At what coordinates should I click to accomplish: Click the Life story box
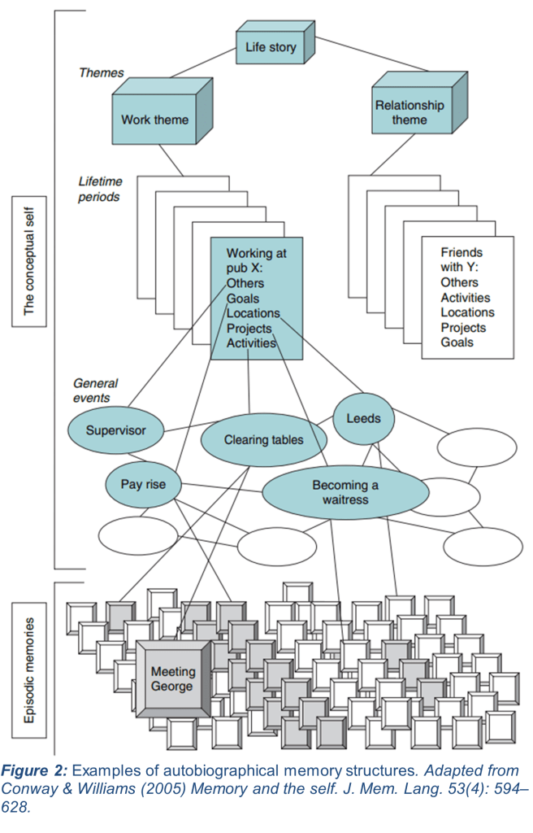coord(271,47)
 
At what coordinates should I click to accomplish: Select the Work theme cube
coord(154,120)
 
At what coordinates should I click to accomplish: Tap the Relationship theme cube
coord(409,112)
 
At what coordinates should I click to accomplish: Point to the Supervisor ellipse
coord(116,430)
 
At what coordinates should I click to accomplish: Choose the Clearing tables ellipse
coord(263,440)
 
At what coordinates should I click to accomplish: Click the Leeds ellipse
coord(363,419)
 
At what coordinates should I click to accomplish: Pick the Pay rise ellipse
coord(143,485)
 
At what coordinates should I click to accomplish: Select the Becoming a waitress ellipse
coord(345,492)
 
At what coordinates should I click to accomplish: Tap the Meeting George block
coord(173,678)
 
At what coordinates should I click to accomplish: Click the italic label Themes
coord(101,72)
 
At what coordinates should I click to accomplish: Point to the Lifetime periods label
coord(98,189)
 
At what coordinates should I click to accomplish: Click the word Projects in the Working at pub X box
coord(249,328)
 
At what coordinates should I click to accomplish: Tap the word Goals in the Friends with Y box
coord(457,342)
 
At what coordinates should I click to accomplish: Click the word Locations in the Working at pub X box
coord(253,313)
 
